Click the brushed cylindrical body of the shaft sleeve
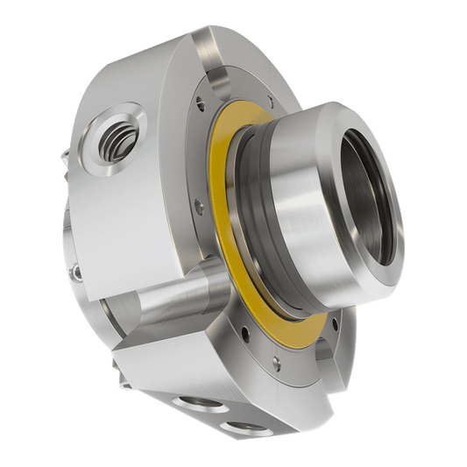tap(298, 228)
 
